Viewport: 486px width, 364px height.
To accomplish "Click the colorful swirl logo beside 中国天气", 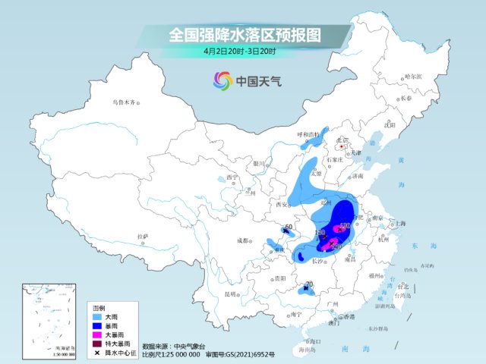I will click(222, 80).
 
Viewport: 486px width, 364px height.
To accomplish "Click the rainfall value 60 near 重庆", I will click(289, 227).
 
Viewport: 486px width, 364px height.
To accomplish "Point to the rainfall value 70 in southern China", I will click(308, 284).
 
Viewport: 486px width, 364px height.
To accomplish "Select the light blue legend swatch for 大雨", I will click(98, 316).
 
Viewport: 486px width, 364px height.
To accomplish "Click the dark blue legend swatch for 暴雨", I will click(98, 325).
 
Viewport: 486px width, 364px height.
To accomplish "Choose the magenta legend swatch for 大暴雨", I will click(98, 334).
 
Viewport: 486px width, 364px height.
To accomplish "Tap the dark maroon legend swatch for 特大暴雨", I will click(98, 344).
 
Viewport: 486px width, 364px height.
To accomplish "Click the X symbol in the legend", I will click(98, 353).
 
